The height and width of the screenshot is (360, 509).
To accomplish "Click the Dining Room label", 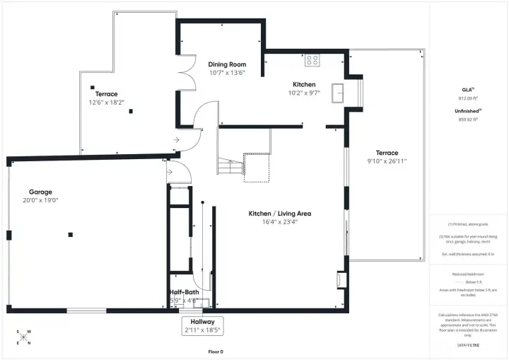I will [x=227, y=64].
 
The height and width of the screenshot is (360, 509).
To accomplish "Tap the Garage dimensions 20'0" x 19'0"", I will [x=40, y=200].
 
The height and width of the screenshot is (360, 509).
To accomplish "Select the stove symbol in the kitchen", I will [x=312, y=61].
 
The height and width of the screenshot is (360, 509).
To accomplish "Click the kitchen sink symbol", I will [x=339, y=93].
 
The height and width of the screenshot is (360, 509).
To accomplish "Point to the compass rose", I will [x=23, y=337].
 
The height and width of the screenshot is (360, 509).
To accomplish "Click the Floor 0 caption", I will [x=215, y=352].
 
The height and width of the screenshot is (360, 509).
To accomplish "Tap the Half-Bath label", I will [x=184, y=292].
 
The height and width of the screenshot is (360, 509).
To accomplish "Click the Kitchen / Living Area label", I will [x=279, y=214].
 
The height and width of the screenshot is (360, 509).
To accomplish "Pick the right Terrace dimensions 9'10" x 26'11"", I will [x=387, y=161].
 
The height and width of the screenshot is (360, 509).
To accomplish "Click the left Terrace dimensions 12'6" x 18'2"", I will [x=106, y=102].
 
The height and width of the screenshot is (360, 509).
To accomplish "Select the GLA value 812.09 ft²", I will [x=467, y=98].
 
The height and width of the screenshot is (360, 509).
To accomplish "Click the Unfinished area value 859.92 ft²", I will [x=467, y=120].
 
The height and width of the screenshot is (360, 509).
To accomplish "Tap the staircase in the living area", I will [x=230, y=167].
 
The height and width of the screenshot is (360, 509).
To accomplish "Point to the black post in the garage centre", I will [x=70, y=234].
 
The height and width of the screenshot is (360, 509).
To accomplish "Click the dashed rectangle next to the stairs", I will [x=256, y=167].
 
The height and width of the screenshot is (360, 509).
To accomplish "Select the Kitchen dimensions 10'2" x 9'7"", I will [x=304, y=93].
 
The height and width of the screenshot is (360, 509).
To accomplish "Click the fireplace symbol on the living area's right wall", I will [x=342, y=279].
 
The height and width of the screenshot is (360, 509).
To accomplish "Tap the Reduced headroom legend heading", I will [x=467, y=274].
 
